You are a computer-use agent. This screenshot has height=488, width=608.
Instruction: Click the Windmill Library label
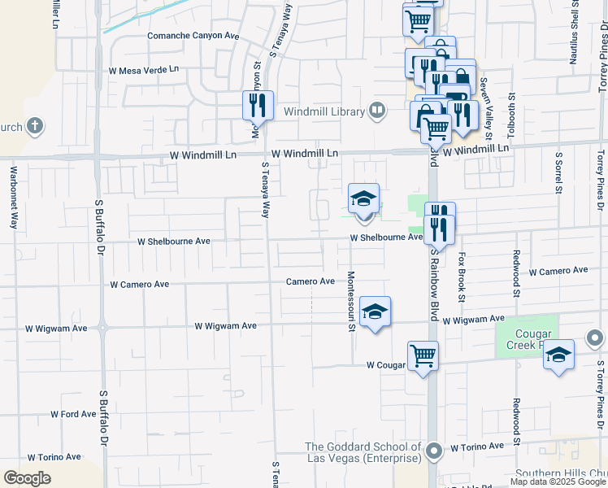324,111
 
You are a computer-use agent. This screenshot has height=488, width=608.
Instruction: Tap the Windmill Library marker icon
376,111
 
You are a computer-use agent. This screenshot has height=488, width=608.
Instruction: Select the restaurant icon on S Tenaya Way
254,104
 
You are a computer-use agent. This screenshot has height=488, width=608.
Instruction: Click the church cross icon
34,126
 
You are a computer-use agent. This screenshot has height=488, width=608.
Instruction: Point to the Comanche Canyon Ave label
193,36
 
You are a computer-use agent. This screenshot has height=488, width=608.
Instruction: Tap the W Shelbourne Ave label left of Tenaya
174,242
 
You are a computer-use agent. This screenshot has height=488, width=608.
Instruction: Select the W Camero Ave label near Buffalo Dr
140,284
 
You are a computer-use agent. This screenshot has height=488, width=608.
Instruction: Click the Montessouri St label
352,302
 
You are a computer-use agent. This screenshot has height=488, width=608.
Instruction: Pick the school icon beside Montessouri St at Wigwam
375,311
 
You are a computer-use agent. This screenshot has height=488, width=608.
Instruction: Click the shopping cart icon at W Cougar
423,355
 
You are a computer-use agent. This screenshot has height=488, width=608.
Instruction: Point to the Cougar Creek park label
533,339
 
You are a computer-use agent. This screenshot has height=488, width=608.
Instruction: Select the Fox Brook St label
462,277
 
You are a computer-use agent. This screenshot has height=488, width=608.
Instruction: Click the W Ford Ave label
73,414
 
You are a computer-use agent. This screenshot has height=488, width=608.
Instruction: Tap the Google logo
27,478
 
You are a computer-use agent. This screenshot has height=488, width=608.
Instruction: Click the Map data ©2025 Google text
558,481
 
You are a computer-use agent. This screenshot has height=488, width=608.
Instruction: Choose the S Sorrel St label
558,172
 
